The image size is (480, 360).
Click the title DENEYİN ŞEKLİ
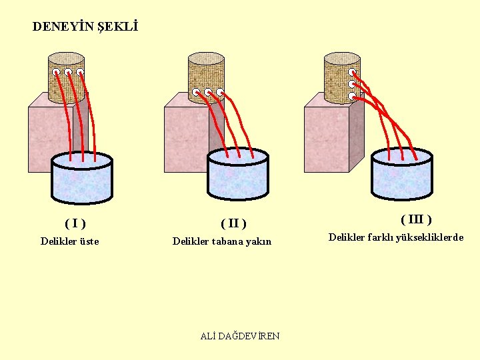coord(85,27)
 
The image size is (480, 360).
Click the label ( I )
coord(75,223)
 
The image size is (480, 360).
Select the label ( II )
coord(233,223)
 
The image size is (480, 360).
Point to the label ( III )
coord(416,219)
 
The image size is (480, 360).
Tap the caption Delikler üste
coord(69,241)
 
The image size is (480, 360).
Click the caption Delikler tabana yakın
coord(222,241)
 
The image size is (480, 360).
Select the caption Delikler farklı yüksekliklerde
coord(396,237)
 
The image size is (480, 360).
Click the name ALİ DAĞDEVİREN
coord(240,336)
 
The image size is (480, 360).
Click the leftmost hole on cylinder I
coord(57,72)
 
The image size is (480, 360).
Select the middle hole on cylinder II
coord(208,92)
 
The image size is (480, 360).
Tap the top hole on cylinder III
coord(351,73)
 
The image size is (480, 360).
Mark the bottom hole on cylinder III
coord(351,96)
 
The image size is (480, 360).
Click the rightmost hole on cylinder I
coord(80,72)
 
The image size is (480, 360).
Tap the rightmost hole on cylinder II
coord(219,92)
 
